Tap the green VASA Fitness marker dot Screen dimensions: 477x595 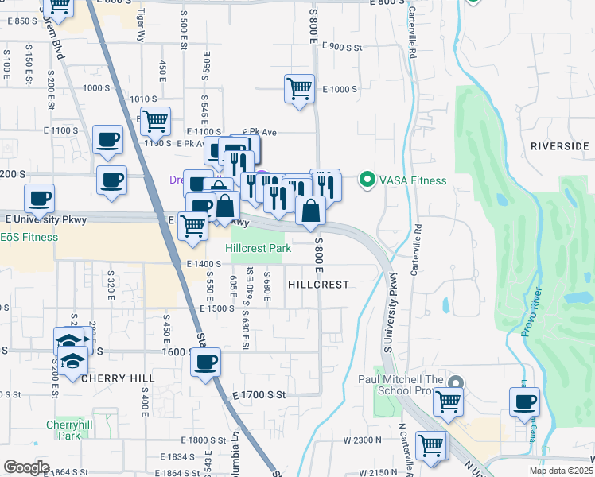[x=367, y=180]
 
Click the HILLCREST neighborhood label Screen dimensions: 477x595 [x=318, y=284]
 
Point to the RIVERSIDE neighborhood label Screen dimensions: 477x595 [x=558, y=146]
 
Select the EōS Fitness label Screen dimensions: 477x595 [x=29, y=237]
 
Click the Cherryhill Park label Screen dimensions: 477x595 [x=63, y=430]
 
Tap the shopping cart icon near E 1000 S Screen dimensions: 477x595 [x=299, y=87]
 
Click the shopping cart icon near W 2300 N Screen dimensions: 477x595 [x=431, y=444]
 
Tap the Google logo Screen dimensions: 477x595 [x=26, y=467]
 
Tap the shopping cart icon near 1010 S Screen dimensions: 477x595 [x=156, y=121]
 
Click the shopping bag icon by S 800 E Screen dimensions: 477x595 [x=310, y=211]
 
